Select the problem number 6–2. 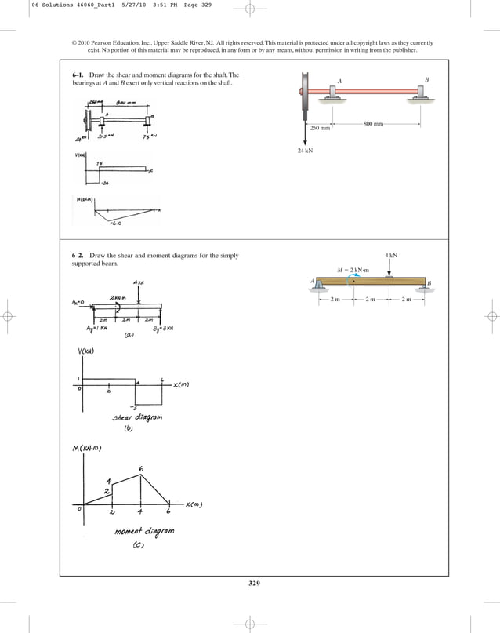point(78,256)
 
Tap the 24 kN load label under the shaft point(306,150)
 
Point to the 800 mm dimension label point(374,124)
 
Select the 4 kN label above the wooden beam point(391,256)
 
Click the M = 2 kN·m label point(352,270)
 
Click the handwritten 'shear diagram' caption point(138,417)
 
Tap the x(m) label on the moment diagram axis point(194,505)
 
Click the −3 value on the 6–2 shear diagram point(135,407)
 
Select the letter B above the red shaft point(426,79)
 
